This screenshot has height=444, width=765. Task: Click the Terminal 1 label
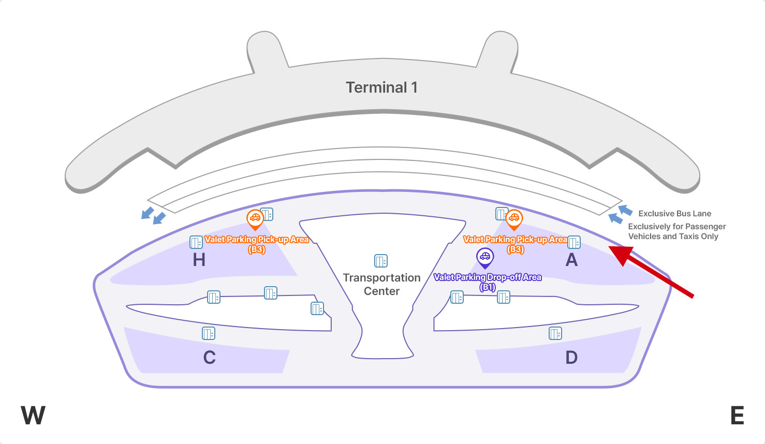381,87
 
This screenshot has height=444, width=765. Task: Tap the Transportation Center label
381,284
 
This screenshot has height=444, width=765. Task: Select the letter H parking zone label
199,259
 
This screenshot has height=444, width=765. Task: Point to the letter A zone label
571,259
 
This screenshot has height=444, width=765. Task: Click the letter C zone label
209,358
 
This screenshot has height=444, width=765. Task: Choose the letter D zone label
571,358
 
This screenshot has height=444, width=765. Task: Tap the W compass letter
33,415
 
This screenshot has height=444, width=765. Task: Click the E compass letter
737,415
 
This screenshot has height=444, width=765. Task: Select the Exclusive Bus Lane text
674,213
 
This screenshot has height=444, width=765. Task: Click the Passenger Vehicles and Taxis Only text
676,231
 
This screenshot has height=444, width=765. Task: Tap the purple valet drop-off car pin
484,257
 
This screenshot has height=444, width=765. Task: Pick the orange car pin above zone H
255,219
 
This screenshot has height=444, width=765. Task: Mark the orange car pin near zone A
513,219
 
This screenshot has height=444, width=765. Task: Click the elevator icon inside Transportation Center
381,261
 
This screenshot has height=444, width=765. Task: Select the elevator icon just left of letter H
196,242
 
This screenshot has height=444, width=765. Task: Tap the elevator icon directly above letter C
209,334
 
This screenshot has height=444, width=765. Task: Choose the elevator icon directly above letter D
555,334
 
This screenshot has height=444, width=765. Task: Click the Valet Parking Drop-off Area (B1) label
488,282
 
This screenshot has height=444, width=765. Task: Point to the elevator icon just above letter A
573,242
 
